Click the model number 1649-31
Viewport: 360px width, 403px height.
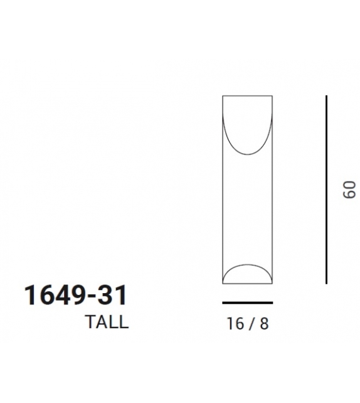coord(75,295)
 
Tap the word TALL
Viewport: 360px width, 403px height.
coord(107,322)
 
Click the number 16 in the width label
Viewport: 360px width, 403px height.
coord(235,324)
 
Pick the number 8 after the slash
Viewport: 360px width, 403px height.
coord(264,324)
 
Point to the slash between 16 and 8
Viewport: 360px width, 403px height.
coord(252,324)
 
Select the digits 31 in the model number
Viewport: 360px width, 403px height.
coord(113,295)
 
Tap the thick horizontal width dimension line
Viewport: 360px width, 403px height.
coord(248,302)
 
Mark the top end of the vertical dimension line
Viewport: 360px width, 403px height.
coord(326,96)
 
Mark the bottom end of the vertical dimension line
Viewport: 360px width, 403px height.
coord(326,283)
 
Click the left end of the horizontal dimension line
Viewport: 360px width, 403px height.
coord(223,302)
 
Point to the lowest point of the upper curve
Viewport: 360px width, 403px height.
coord(248,154)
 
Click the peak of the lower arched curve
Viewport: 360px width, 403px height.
coord(248,264)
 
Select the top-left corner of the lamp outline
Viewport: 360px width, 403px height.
coord(223,95)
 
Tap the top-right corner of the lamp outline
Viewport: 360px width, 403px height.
coord(273,95)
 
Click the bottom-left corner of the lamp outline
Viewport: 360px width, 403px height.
coord(223,284)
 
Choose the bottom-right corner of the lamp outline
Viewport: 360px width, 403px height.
coord(273,284)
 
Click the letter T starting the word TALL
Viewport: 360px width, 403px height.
coord(90,322)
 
